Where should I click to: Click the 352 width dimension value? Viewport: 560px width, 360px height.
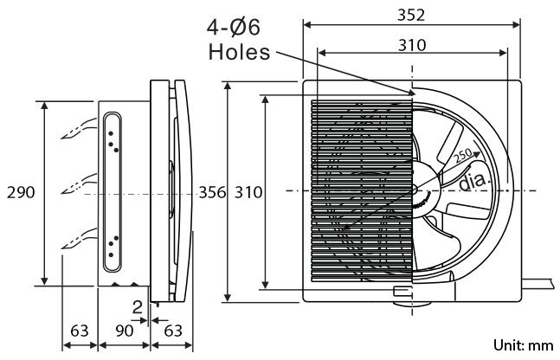click(411, 15)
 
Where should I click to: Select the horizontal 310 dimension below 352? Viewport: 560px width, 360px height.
click(412, 45)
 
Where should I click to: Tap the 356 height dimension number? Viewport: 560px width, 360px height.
click(212, 192)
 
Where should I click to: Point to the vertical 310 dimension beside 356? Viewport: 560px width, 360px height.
click(248, 192)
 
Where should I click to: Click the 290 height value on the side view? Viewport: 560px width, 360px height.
click(21, 192)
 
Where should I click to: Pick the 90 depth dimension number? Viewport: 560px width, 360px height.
click(125, 331)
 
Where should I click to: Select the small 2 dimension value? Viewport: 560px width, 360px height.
click(138, 307)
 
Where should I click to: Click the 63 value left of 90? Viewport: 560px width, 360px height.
click(80, 331)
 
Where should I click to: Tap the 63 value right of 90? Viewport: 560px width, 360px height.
click(173, 331)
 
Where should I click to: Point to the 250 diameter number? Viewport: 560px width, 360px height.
click(464, 156)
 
